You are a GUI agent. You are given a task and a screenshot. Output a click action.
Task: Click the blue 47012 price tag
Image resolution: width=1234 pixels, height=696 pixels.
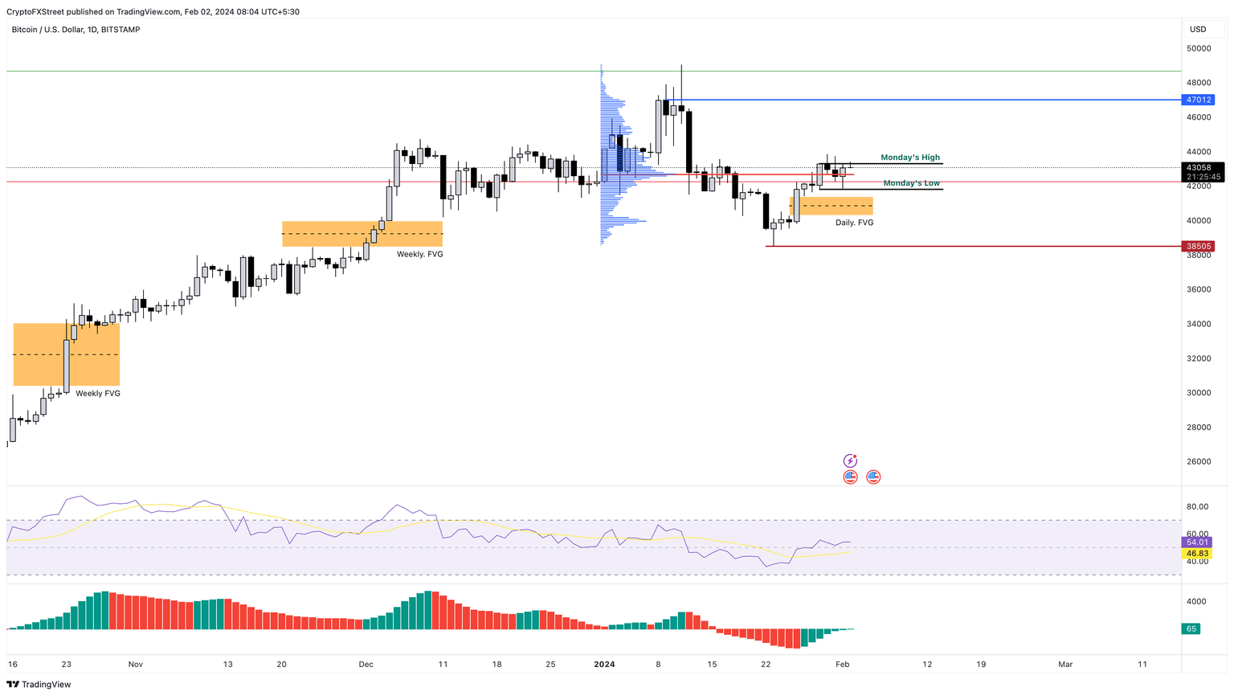click(x=1198, y=100)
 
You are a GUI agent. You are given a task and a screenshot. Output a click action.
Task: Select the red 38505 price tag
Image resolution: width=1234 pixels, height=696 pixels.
click(x=1198, y=247)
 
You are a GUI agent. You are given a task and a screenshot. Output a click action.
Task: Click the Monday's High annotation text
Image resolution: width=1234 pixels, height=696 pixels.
click(x=909, y=158)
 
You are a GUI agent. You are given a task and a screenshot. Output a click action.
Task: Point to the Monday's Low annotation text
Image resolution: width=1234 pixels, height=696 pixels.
click(x=911, y=183)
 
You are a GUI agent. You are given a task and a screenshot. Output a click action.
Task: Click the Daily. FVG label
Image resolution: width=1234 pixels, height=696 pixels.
click(x=854, y=223)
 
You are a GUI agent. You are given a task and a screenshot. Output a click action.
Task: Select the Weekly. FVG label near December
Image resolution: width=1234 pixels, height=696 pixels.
click(x=419, y=254)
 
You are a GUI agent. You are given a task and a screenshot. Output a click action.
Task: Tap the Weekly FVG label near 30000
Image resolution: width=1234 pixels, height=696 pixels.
click(x=98, y=394)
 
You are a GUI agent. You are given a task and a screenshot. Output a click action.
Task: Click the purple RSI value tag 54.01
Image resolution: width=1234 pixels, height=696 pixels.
click(x=1198, y=542)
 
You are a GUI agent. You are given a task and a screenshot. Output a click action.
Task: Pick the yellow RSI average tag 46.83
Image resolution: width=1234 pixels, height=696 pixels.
click(x=1198, y=554)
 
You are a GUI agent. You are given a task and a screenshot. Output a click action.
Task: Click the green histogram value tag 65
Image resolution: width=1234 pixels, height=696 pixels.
click(x=1191, y=628)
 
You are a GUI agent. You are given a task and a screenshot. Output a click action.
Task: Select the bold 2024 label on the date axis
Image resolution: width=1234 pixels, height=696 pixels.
click(x=604, y=665)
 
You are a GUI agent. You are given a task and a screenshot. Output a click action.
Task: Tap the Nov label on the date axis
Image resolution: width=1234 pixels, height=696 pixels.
click(x=135, y=665)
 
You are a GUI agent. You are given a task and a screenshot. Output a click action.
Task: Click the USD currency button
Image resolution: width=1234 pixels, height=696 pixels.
click(x=1198, y=30)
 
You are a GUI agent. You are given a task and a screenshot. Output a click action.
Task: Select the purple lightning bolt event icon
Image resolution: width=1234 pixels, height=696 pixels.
click(x=850, y=461)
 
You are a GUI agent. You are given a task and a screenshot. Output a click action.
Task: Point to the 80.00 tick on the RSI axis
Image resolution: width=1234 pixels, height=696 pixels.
click(x=1198, y=506)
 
